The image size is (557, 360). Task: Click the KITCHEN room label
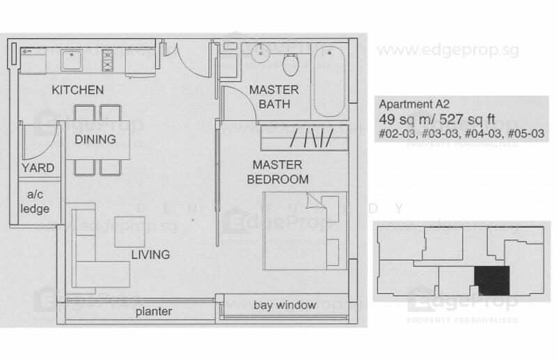pyautogui.click(x=78, y=90)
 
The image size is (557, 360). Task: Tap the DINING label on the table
pyautogui.click(x=95, y=139)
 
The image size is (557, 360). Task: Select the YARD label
pyautogui.click(x=38, y=168)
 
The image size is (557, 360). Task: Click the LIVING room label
pyautogui.click(x=150, y=254)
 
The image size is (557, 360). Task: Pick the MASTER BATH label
pyautogui.click(x=274, y=97)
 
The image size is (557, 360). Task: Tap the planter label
pyautogui.click(x=153, y=311)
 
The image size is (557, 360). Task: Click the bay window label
pyautogui.click(x=285, y=305)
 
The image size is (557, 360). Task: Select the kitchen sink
pyautogui.click(x=72, y=60)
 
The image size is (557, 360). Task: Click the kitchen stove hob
pyautogui.click(x=108, y=60)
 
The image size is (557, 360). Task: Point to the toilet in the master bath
pyautogui.click(x=291, y=63)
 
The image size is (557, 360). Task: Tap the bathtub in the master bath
pyautogui.click(x=329, y=81)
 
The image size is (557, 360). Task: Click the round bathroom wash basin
pyautogui.click(x=261, y=54)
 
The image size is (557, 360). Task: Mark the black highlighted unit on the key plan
pyautogui.click(x=492, y=280)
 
